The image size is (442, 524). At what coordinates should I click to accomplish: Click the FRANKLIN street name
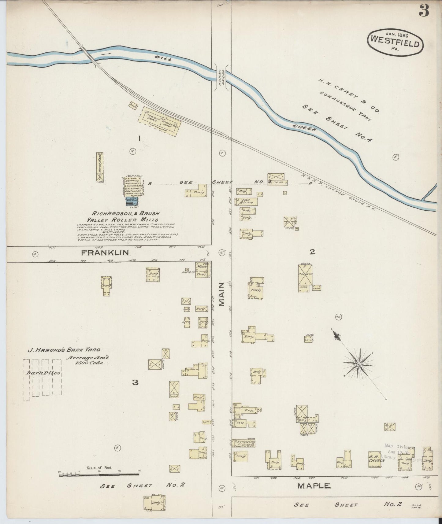pyautogui.click(x=105, y=253)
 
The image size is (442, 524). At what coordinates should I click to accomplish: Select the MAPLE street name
pyautogui.click(x=314, y=485)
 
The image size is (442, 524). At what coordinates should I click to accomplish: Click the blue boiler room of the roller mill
pyautogui.click(x=132, y=201)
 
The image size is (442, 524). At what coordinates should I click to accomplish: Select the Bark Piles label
pyautogui.click(x=43, y=373)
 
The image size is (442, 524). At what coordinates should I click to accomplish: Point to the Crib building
pyautogui.click(x=309, y=339)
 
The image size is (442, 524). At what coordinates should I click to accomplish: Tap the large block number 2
pyautogui.click(x=312, y=252)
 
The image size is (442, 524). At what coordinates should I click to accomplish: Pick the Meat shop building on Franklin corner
pyautogui.click(x=202, y=270)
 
